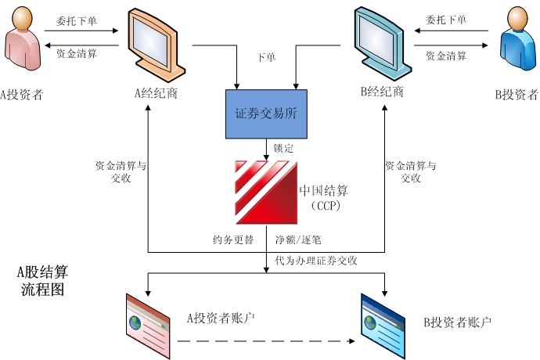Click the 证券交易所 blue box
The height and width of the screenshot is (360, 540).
[266, 113]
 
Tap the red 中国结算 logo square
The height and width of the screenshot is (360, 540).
[266, 191]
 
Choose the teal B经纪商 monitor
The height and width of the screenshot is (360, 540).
[381, 44]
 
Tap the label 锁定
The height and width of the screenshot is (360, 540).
[283, 146]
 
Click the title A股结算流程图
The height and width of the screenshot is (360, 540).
[42, 281]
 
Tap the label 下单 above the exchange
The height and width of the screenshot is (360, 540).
[266, 58]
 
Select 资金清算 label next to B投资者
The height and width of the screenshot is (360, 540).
[446, 56]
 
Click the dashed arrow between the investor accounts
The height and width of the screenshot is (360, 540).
[263, 341]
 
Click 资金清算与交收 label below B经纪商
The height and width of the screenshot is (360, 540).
[411, 172]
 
